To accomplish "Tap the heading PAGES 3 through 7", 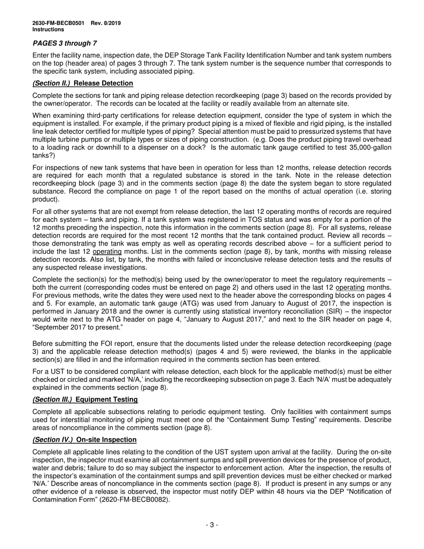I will (65, 43).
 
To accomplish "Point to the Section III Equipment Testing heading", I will (85, 399).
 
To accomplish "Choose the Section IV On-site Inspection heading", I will (84, 440).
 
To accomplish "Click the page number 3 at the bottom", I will (212, 525).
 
